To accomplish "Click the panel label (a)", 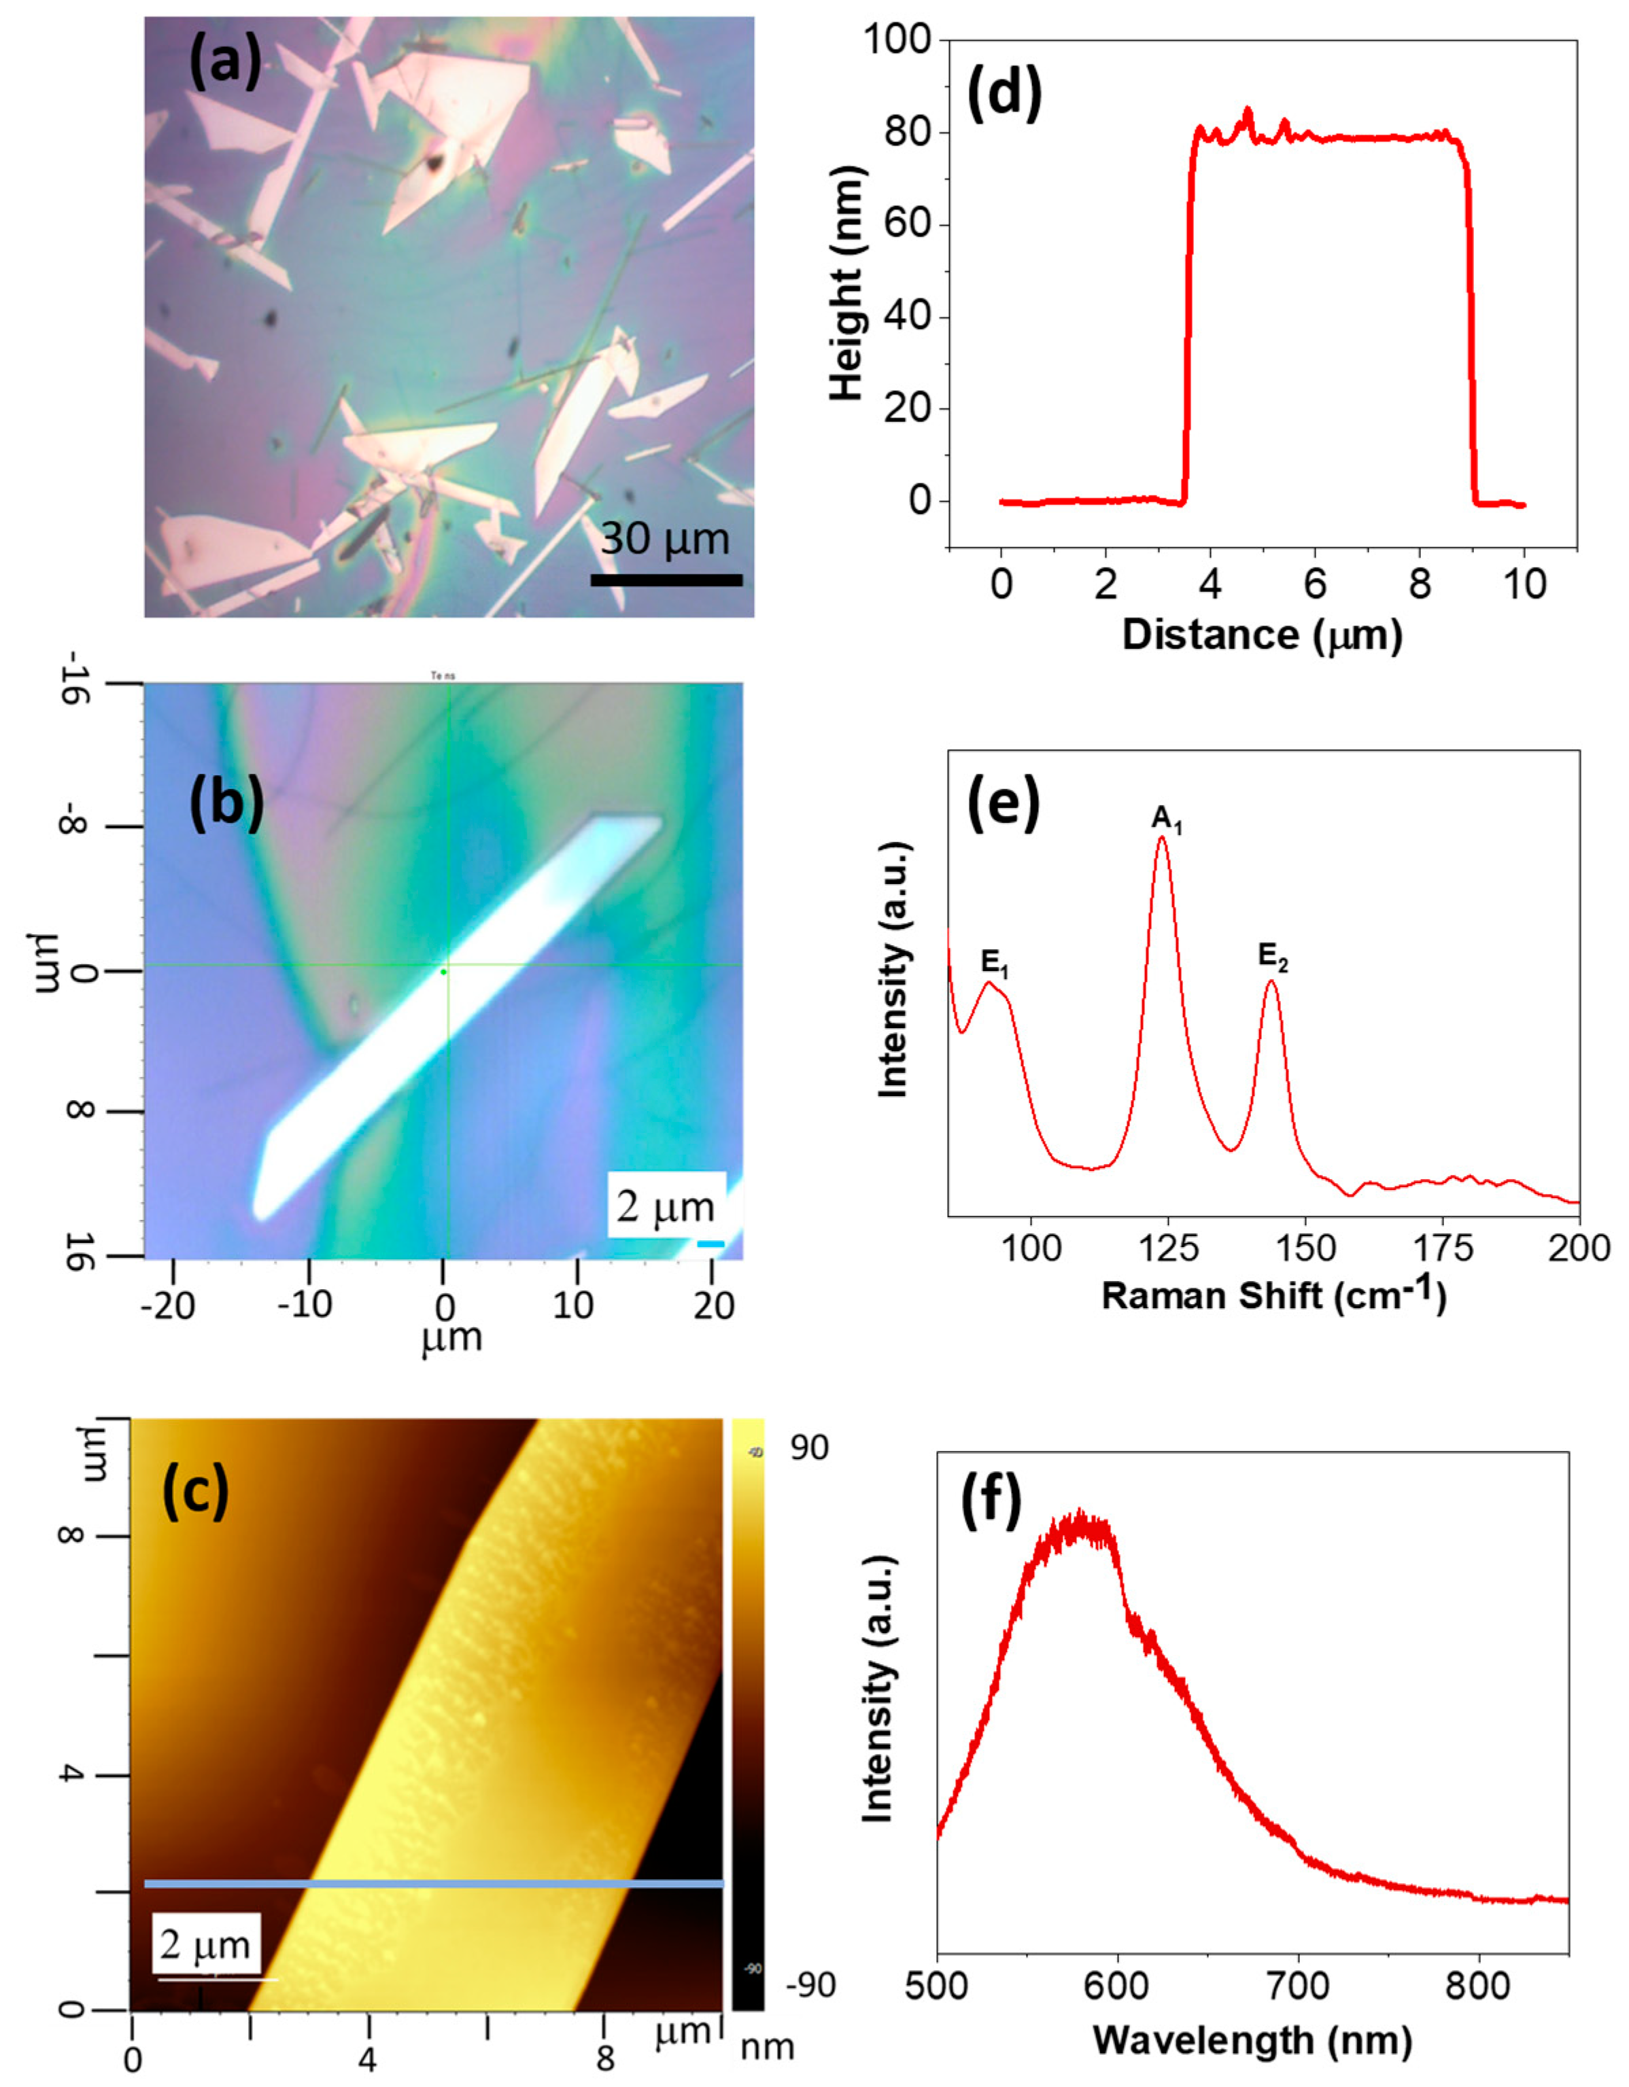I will [x=226, y=67].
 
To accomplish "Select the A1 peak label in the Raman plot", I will [x=1166, y=819].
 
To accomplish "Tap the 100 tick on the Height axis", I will [x=897, y=40].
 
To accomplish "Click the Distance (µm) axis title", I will [x=1262, y=635].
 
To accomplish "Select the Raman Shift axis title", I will [x=1273, y=1296].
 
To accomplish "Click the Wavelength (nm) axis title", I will [x=1252, y=2041].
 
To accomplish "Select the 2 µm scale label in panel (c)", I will [x=205, y=1944].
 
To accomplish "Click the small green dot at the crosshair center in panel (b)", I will [x=443, y=972].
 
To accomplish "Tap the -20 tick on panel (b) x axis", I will [x=167, y=1305].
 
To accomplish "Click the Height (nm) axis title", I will [x=847, y=284].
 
